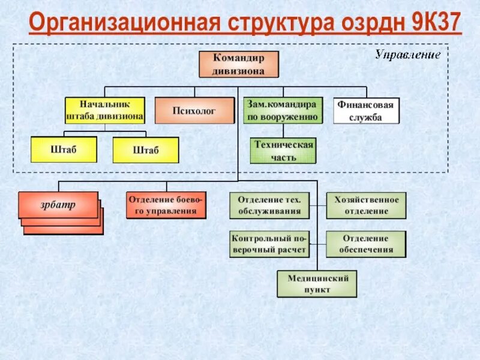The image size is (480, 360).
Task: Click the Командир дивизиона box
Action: [238, 64]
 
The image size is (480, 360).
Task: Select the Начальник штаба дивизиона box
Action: [104, 110]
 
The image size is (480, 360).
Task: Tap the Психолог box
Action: [194, 110]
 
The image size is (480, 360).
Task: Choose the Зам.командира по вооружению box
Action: [282, 110]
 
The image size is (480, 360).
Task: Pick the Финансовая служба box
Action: [366, 110]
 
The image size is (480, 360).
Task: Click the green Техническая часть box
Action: [282, 151]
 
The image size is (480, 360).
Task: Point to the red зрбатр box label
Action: [58, 205]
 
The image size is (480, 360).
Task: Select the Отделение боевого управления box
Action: [166, 205]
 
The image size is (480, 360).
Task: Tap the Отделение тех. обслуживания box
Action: [269, 205]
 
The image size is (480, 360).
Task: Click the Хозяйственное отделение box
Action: [366, 205]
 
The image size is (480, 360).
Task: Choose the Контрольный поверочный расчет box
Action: [269, 244]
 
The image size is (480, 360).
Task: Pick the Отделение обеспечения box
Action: [366, 244]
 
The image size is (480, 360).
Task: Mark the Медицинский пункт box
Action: [317, 284]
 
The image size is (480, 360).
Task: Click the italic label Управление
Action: [407, 55]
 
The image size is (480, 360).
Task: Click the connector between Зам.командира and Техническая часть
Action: [282, 131]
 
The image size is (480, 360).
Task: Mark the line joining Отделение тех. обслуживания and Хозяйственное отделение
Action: [318, 205]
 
